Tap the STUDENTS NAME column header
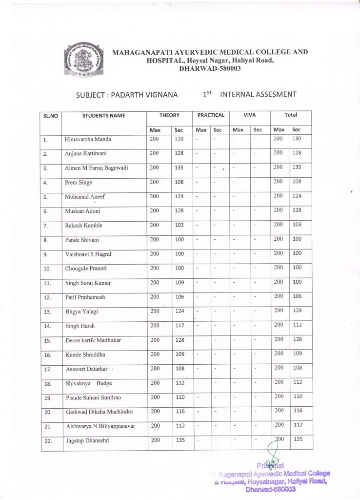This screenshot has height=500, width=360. pyautogui.click(x=104, y=116)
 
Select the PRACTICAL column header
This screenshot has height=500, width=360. pyautogui.click(x=211, y=115)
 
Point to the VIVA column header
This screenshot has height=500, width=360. pyautogui.click(x=249, y=115)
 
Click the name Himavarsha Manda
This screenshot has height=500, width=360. pyautogui.click(x=88, y=140)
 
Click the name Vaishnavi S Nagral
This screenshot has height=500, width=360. pyautogui.click(x=92, y=254)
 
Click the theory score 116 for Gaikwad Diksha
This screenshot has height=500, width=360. pyautogui.click(x=180, y=412)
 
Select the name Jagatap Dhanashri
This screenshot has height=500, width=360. pyautogui.click(x=88, y=440)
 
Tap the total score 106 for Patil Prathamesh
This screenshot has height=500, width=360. pyautogui.click(x=297, y=296)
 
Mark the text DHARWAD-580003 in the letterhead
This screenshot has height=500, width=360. pyautogui.click(x=210, y=68)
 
